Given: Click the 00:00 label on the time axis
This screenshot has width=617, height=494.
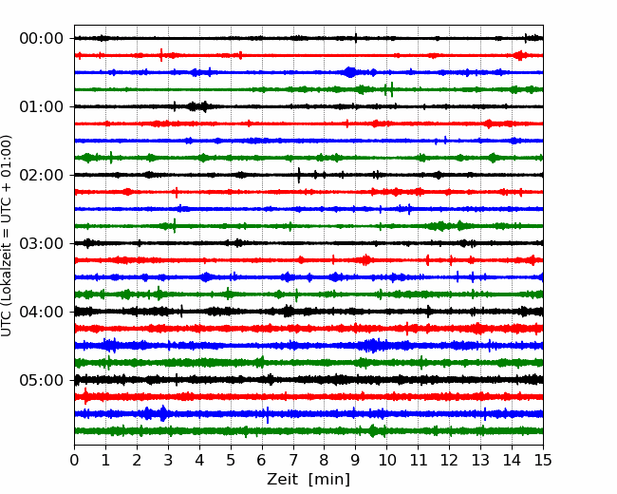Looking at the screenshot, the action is [x=42, y=39].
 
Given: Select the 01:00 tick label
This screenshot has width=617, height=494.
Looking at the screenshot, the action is [x=42, y=106].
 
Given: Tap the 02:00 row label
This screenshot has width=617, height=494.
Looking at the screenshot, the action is [x=42, y=175].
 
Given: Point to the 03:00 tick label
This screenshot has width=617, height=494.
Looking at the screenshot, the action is [x=42, y=243].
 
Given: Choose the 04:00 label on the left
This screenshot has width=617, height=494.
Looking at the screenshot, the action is [x=42, y=312].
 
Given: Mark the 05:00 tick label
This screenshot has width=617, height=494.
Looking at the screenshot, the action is [x=42, y=380].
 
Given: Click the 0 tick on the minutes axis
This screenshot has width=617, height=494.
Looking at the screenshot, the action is [x=74, y=460].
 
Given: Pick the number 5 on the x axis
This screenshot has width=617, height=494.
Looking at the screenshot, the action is [x=231, y=460].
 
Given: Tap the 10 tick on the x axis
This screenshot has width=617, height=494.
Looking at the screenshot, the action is [x=386, y=460].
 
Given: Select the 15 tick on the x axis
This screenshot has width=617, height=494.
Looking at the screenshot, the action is [x=543, y=460].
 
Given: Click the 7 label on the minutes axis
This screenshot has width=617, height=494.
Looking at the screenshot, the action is [x=293, y=460].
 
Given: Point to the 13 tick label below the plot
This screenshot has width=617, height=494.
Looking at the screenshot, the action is [x=480, y=460].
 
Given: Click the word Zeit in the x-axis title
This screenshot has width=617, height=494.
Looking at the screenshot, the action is [x=283, y=479].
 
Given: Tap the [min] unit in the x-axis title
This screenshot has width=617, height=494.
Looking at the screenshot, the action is [x=329, y=480].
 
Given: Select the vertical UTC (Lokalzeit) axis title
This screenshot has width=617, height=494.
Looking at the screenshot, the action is [x=7, y=236].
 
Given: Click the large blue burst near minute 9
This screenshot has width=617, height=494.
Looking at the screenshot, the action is [x=350, y=72].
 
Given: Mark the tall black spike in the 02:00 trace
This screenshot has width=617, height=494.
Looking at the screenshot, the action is [x=299, y=175].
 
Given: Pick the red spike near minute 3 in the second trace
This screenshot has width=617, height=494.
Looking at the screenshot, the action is [x=161, y=55].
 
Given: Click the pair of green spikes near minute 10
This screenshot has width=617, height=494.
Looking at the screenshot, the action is [x=389, y=89].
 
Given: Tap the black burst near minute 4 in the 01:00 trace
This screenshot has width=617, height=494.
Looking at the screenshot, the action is [x=198, y=106].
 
